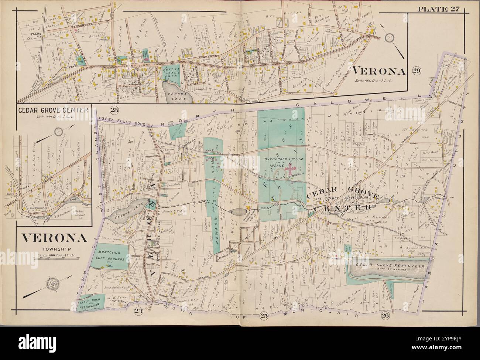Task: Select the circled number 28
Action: [114, 109]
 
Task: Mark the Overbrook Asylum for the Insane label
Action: [284, 161]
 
